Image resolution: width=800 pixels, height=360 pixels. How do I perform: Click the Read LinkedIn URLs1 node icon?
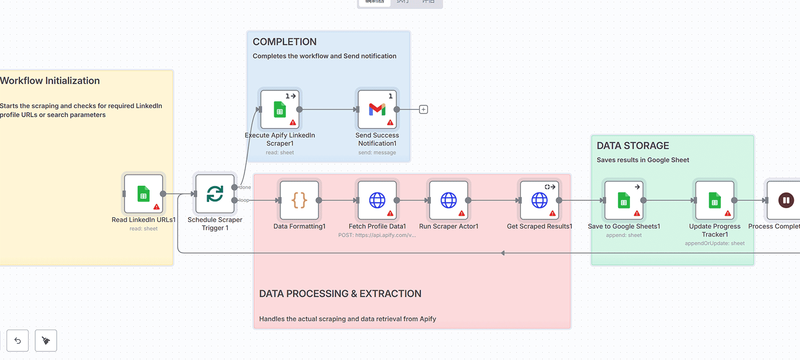(x=143, y=194)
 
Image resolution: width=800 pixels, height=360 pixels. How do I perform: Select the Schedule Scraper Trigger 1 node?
(x=215, y=194)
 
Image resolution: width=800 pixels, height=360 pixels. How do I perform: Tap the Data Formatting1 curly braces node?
(x=299, y=200)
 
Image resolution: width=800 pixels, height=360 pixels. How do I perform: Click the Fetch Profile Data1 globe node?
(x=377, y=200)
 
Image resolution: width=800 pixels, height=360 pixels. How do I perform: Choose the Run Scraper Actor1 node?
(x=449, y=200)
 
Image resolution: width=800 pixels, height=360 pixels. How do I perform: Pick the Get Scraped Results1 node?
(x=540, y=200)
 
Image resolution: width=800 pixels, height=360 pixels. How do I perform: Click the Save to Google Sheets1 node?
(x=624, y=200)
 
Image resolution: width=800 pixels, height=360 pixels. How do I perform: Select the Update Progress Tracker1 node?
(x=715, y=200)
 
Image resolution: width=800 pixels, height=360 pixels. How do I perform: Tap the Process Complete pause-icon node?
(x=786, y=200)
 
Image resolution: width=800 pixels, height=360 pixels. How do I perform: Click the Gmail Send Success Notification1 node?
(x=377, y=110)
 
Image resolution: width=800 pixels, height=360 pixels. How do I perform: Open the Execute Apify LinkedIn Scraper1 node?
(x=280, y=110)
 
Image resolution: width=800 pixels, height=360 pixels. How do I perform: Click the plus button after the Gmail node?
(x=423, y=110)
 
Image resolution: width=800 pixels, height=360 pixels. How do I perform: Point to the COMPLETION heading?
(x=284, y=42)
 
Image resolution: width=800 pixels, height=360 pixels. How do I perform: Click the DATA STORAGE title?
(x=632, y=146)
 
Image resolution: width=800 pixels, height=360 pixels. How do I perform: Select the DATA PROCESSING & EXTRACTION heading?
(x=340, y=294)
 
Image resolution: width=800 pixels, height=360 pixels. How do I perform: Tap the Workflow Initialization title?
(x=50, y=81)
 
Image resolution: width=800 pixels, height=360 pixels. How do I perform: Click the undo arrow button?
(x=18, y=340)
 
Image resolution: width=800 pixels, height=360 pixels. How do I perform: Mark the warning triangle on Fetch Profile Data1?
(x=390, y=213)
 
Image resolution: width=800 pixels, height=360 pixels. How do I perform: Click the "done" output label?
(x=245, y=188)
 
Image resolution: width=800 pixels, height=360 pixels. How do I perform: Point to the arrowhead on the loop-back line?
(x=503, y=253)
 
